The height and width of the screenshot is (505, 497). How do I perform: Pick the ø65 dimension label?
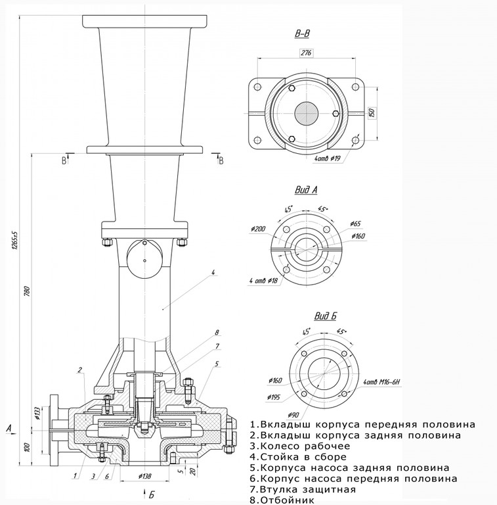pos(356,224)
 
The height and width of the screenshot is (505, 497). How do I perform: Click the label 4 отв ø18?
pos(263,281)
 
